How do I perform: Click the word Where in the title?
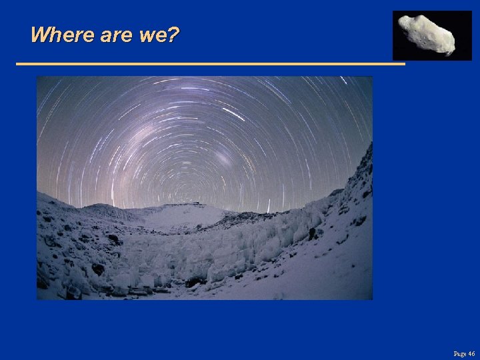pos(63,35)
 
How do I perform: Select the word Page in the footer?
pos(459,353)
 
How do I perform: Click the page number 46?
pos(471,353)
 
